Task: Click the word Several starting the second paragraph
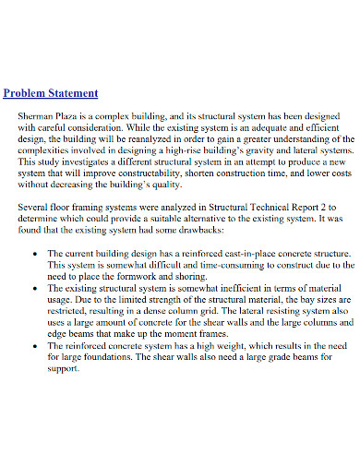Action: click(x=34, y=209)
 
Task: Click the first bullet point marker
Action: click(x=35, y=253)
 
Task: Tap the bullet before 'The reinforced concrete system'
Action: click(x=35, y=345)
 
